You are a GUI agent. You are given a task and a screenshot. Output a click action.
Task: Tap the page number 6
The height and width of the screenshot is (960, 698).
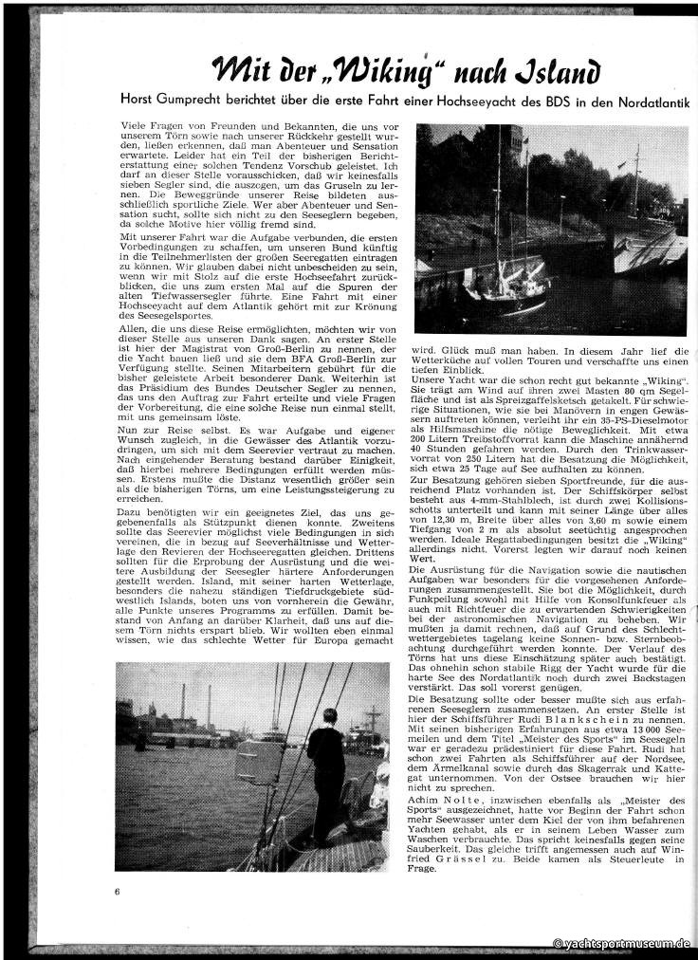[x=117, y=891]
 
